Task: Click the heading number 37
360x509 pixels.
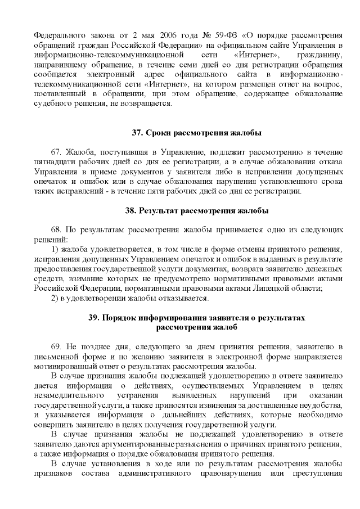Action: click(137, 133)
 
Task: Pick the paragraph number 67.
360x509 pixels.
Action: click(56, 152)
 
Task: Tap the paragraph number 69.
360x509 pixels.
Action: click(56, 346)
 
